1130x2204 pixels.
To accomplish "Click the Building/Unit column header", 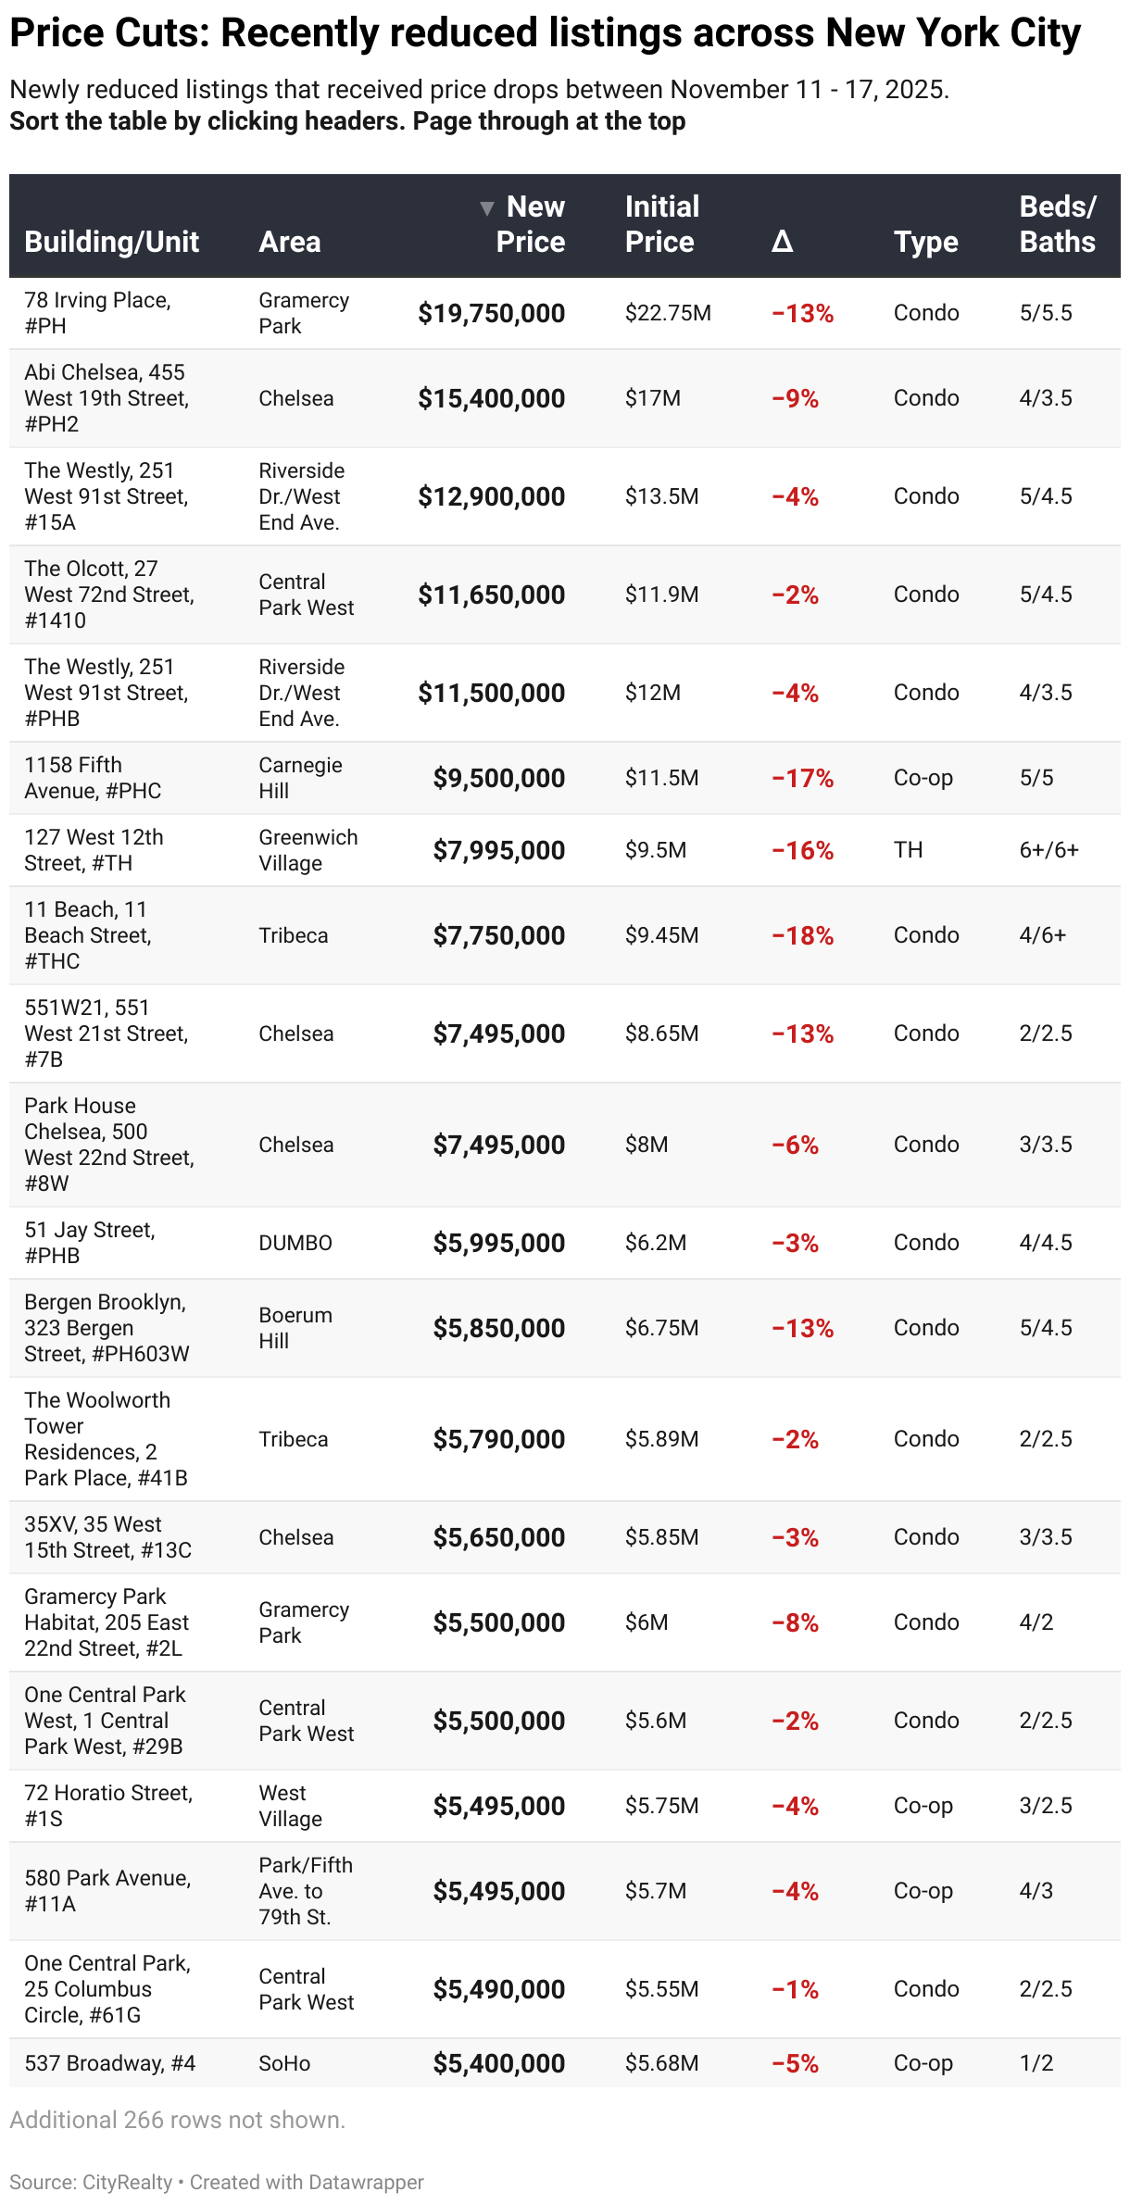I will [111, 242].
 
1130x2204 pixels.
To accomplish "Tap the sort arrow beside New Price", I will [487, 208].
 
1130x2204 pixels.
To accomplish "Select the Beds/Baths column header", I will [1057, 224].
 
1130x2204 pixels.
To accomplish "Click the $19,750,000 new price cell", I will [491, 314].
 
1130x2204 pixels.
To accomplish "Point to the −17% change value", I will [802, 779].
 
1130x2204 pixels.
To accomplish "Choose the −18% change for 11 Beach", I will [802, 936].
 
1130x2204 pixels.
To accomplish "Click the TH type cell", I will [908, 850].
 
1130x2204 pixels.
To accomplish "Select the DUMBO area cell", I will [295, 1243].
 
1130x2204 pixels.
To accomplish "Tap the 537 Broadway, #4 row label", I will [109, 2063].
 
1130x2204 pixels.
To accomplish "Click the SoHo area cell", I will [284, 2063].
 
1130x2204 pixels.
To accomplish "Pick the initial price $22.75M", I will [668, 313].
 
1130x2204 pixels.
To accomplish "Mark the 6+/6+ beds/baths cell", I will [1048, 850].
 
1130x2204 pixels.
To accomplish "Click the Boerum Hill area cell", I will [295, 1328].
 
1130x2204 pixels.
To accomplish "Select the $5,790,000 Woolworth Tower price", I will [498, 1439].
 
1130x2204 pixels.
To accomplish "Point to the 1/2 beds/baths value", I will [1036, 2063].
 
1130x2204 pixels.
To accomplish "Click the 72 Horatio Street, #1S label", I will [108, 1806].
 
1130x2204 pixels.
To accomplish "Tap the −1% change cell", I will [795, 1990].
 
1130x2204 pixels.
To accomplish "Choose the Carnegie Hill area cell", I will [300, 778].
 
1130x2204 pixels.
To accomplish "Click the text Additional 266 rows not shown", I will [177, 2120].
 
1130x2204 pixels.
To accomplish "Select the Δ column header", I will [782, 242].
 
